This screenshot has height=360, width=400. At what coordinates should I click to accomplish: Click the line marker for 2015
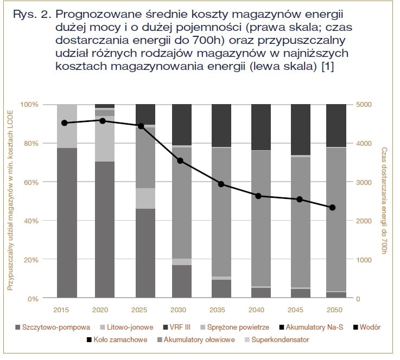(65, 123)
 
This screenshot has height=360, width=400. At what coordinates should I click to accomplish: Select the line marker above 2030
(180, 161)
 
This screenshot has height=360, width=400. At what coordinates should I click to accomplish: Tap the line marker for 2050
(332, 208)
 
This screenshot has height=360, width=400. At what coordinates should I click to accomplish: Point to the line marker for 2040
(258, 196)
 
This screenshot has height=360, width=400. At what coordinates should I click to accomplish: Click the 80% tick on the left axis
(31, 144)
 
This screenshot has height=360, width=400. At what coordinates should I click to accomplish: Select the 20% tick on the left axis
(31, 260)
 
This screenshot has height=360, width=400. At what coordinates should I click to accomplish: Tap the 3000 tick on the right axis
(364, 182)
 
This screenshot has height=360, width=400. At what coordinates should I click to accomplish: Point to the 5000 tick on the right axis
(364, 105)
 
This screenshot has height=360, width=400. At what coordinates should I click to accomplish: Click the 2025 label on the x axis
(139, 310)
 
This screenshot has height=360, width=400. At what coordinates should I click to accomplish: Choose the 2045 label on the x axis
(295, 310)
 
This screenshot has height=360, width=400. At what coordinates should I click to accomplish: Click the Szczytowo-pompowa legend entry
(53, 327)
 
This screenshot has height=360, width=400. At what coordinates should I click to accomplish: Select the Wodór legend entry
(367, 327)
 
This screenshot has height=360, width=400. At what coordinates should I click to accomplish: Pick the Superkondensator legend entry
(277, 339)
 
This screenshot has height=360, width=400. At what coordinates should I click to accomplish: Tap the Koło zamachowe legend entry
(117, 339)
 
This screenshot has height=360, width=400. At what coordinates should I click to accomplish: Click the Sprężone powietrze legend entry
(234, 327)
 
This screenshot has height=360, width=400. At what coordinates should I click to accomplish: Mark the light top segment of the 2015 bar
(67, 126)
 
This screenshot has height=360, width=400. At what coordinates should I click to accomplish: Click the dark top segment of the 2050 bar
(336, 126)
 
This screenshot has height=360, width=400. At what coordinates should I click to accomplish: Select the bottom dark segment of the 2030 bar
(182, 281)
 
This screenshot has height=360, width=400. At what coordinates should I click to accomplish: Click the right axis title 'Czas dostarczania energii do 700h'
(384, 201)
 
